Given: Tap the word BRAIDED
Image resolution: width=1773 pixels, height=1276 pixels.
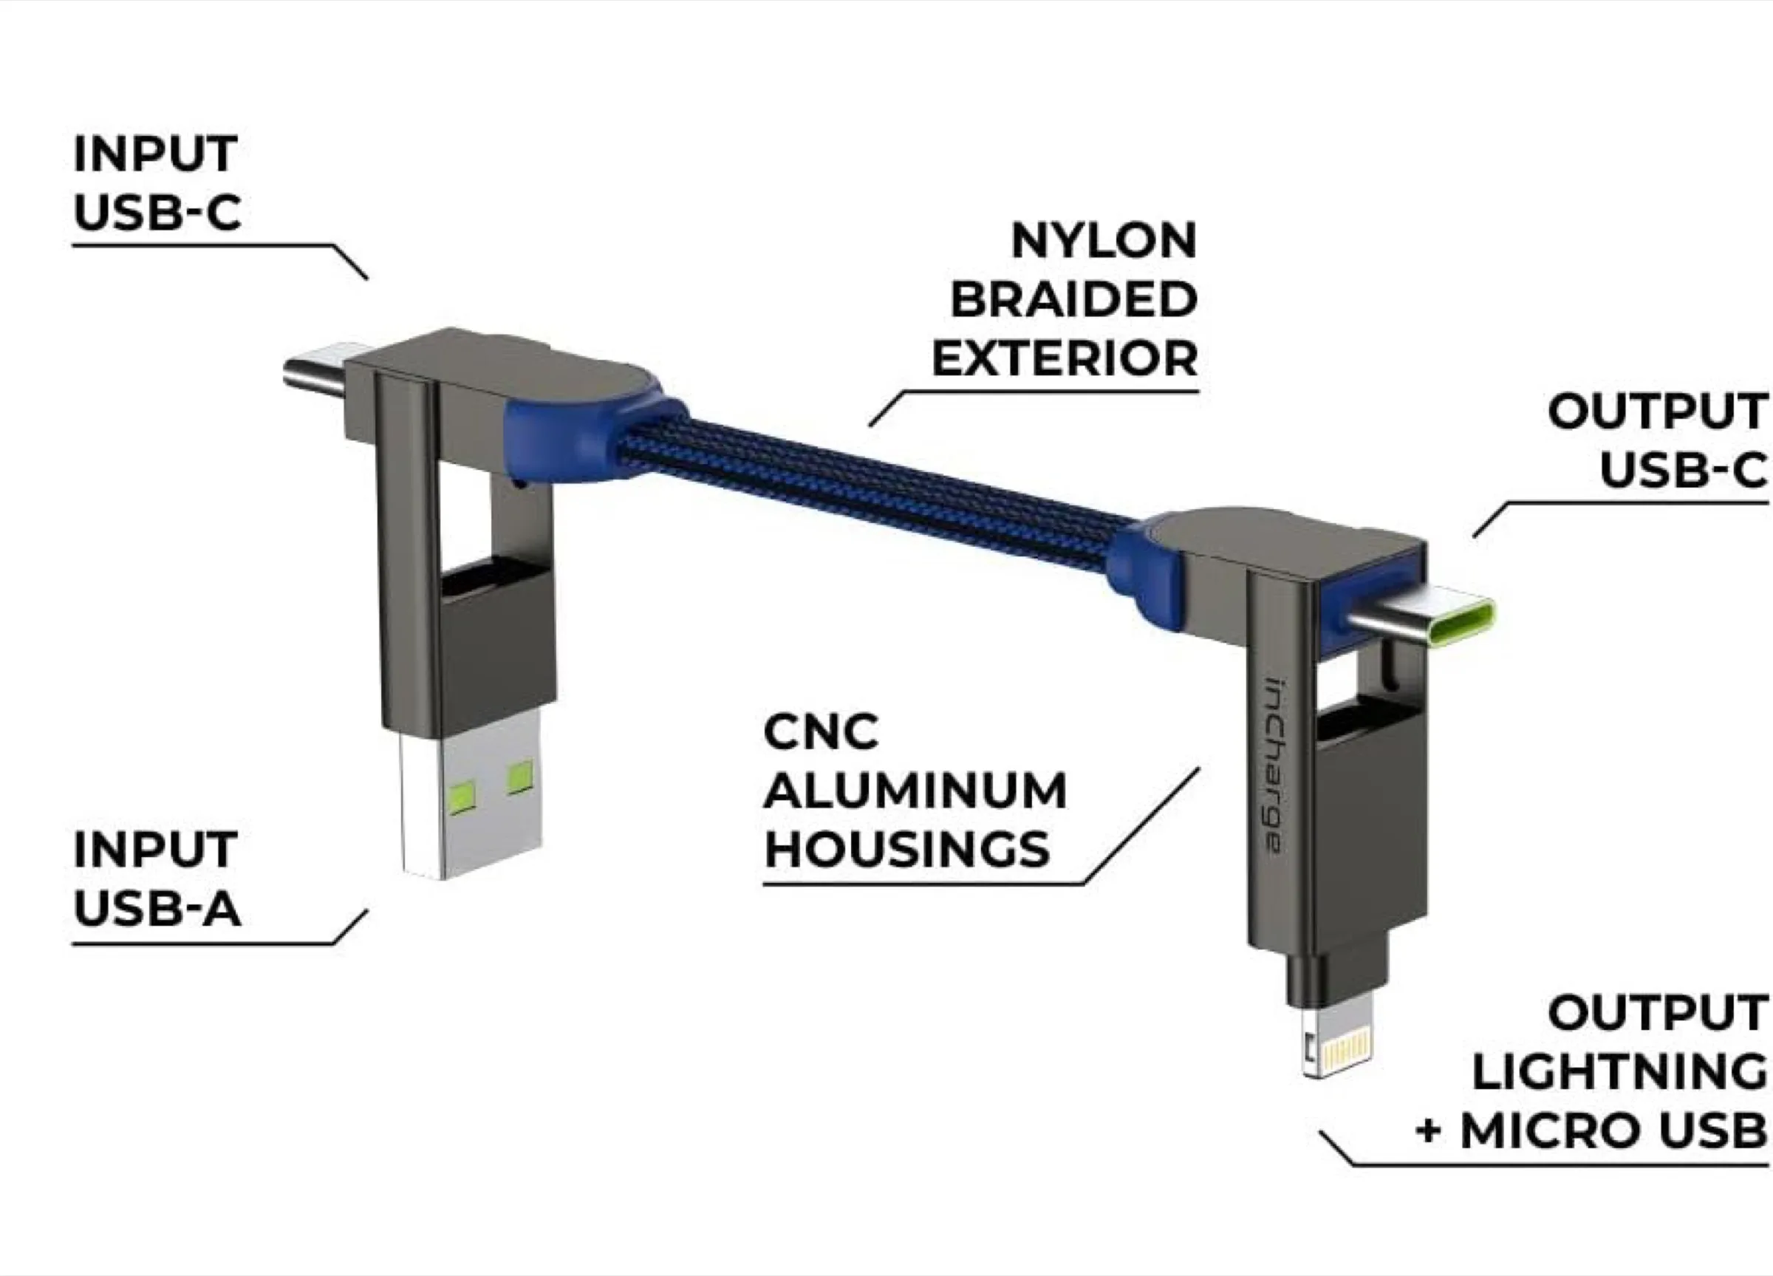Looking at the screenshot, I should [x=1073, y=299].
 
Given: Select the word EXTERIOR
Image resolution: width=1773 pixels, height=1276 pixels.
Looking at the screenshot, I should [x=1064, y=359].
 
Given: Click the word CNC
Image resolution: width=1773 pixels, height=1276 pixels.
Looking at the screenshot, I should [x=821, y=733].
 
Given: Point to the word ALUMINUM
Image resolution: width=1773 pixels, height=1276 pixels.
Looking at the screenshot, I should [x=915, y=791].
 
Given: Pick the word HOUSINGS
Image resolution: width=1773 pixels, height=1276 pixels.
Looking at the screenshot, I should [x=907, y=850].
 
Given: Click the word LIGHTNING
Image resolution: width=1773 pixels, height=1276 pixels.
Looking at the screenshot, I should [x=1619, y=1071].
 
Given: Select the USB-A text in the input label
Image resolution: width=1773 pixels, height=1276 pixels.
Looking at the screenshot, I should [x=157, y=909].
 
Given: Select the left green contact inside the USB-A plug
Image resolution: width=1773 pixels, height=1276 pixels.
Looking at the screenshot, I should [x=460, y=796].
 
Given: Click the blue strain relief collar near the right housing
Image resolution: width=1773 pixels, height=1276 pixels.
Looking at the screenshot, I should [x=1149, y=563].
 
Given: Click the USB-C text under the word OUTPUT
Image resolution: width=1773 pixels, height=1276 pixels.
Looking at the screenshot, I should [x=1682, y=470].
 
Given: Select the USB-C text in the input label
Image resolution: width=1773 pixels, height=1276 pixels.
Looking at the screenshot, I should [x=157, y=212].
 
